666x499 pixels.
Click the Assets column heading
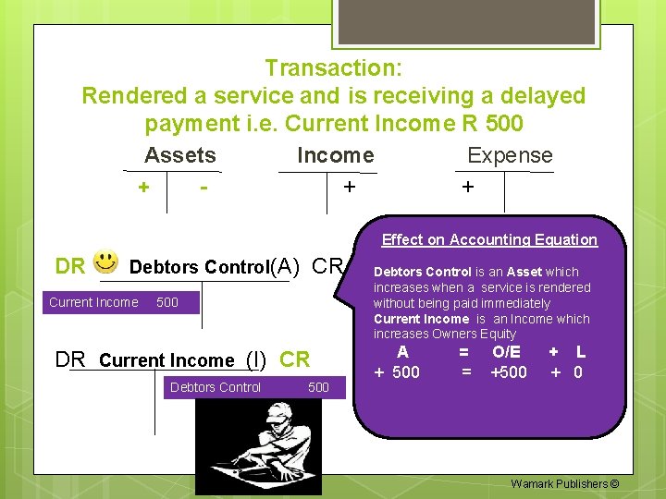pyautogui.click(x=180, y=155)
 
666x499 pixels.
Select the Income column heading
pyautogui.click(x=335, y=155)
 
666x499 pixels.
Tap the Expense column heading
pyautogui.click(x=510, y=155)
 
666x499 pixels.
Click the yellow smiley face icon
pyautogui.click(x=106, y=263)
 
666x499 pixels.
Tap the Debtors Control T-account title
pyautogui.click(x=199, y=268)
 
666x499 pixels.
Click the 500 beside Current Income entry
pyautogui.click(x=167, y=302)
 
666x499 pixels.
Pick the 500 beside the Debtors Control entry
pyautogui.click(x=318, y=387)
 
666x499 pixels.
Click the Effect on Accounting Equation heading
pyautogui.click(x=489, y=239)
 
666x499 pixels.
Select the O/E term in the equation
pyautogui.click(x=506, y=352)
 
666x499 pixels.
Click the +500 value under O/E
pyautogui.click(x=508, y=372)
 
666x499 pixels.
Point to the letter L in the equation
pyautogui.click(x=580, y=352)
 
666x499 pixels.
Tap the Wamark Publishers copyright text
pyautogui.click(x=564, y=483)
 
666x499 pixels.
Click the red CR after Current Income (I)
pyautogui.click(x=295, y=359)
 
